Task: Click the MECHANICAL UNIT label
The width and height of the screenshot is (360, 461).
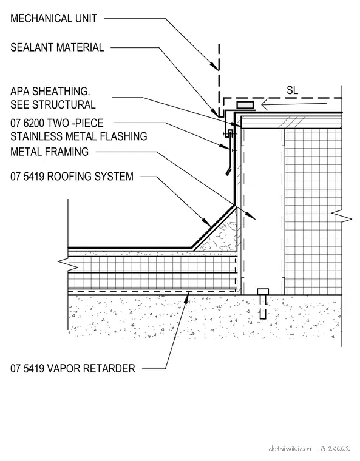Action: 53,19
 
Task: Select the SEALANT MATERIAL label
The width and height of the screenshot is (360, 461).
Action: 57,47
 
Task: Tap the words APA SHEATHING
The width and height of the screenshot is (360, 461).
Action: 50,91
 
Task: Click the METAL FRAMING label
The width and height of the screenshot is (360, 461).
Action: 49,152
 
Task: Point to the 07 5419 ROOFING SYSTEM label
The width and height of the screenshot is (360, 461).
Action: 72,177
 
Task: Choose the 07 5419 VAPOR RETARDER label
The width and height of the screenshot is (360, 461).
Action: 73,368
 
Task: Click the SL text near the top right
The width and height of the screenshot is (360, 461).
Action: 292,90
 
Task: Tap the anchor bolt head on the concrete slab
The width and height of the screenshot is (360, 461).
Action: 263,292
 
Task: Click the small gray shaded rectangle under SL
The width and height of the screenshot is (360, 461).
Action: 245,105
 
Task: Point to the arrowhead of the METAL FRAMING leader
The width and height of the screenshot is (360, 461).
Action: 251,215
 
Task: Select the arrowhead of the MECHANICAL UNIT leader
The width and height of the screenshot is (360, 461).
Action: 215,66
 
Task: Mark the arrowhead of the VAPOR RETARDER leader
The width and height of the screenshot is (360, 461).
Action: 186,297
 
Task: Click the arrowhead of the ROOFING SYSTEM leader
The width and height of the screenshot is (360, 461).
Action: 206,221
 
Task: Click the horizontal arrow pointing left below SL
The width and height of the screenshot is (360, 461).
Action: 294,104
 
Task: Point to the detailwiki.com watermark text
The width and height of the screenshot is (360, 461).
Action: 291,449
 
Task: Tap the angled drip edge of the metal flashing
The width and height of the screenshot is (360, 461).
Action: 228,172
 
